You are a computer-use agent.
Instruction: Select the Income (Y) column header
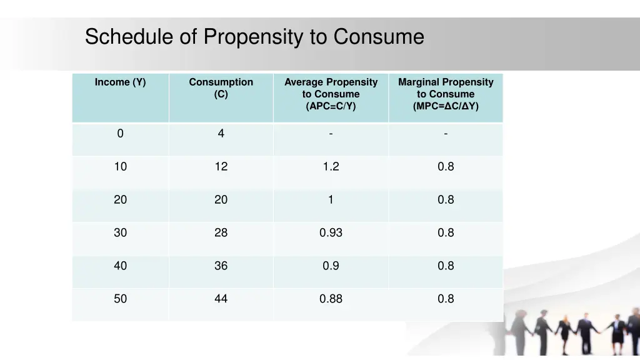pos(120,82)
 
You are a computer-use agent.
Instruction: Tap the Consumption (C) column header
pos(221,88)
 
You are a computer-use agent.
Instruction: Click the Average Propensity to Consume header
pos(331,94)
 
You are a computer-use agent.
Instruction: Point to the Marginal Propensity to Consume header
pos(446,94)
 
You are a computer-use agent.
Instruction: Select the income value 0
pos(120,133)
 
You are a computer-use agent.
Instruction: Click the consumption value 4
pos(221,133)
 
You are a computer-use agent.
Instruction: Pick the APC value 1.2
pos(331,166)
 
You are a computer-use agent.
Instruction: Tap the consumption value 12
pos(221,166)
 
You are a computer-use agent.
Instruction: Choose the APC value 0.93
pos(331,232)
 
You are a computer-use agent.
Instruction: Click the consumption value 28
pos(221,232)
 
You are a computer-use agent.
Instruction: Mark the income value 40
pos(120,266)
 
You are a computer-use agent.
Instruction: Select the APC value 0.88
pos(331,299)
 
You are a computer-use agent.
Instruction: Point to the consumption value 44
pos(221,299)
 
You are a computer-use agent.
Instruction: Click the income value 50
pos(120,299)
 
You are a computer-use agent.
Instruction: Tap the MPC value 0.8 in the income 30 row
pos(446,232)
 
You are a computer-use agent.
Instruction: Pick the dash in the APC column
pos(331,133)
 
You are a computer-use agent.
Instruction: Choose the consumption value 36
pos(221,266)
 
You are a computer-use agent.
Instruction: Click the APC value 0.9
pos(331,266)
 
